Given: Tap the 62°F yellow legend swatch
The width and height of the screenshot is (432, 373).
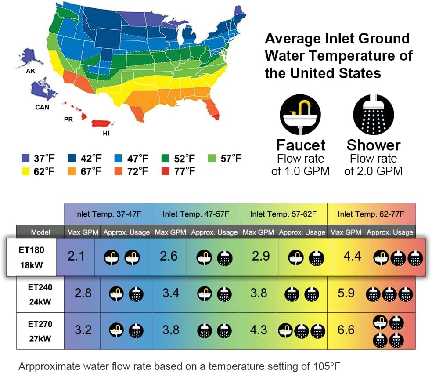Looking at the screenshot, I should pos(25,171).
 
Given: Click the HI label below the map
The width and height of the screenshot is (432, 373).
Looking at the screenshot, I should pos(106,134).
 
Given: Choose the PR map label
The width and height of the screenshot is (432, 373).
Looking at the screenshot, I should pos(68,119).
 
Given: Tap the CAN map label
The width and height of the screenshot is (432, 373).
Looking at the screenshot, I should pos(42,107).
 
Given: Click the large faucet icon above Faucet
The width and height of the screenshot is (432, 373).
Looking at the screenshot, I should pos(300,114).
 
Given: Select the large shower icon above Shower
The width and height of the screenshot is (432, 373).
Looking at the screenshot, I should pos(373,114).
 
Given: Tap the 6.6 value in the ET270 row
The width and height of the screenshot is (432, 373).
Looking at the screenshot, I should pos(346,330).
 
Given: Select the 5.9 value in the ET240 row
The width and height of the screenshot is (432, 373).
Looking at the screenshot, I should pos(346,292).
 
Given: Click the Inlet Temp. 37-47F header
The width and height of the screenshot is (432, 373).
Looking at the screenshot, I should pos(108,214).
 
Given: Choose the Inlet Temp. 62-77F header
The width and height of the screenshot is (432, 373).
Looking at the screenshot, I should pos(371,214).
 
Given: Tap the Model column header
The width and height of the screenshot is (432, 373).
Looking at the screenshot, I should pos(40,232).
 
